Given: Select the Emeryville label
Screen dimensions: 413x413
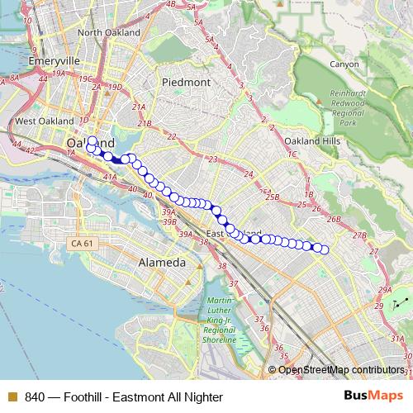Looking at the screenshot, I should point(52,61).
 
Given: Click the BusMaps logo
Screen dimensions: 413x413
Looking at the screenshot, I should point(377,396).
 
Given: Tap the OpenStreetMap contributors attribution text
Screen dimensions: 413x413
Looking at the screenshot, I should point(342,369).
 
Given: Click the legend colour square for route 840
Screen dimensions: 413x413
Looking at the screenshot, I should point(11,397).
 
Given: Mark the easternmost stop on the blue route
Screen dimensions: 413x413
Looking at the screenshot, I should point(325,249).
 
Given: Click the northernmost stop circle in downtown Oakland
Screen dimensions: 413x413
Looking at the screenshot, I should point(92,141).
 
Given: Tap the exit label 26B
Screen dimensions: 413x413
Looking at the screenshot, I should point(335,220).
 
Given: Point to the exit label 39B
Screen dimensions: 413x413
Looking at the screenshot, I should point(170,221).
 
